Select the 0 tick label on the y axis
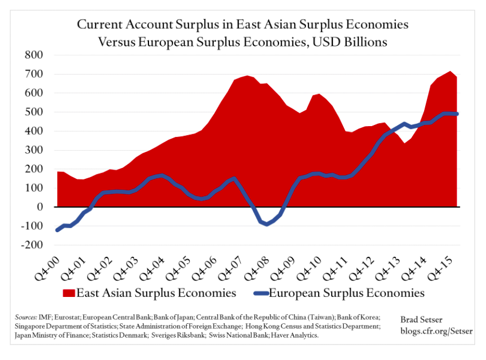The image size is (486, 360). [42, 207]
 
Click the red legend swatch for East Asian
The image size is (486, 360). [68, 293]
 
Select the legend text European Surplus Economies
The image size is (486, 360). [347, 293]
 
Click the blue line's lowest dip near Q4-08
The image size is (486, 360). [267, 224]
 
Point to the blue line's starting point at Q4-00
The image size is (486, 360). [57, 230]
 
